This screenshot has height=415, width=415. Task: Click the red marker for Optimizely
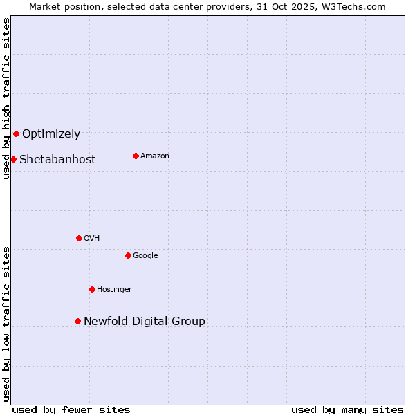coord(16,133)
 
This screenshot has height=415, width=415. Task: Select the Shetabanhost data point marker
coord(13,159)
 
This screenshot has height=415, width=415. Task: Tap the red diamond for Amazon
coord(136,156)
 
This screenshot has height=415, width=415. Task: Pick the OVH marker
coord(79,238)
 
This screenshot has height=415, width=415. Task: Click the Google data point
coord(128,255)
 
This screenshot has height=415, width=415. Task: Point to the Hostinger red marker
coord(92,289)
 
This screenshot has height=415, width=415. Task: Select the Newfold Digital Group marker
coord(77,321)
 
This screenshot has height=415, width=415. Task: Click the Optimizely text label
coord(51,134)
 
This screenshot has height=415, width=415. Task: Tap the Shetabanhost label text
coord(57,160)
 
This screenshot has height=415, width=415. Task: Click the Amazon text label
coord(155,156)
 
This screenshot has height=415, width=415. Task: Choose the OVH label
coord(92,239)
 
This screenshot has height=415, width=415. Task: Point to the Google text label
coord(145,256)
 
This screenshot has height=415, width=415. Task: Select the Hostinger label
coord(114,290)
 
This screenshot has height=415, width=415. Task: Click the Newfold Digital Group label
coord(145,322)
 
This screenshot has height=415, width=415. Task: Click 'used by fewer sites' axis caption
coord(71,409)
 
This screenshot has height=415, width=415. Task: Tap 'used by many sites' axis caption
coord(347,409)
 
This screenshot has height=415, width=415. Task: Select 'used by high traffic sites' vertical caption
coord(6,98)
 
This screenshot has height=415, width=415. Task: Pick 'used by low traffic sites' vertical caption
coord(6,324)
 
